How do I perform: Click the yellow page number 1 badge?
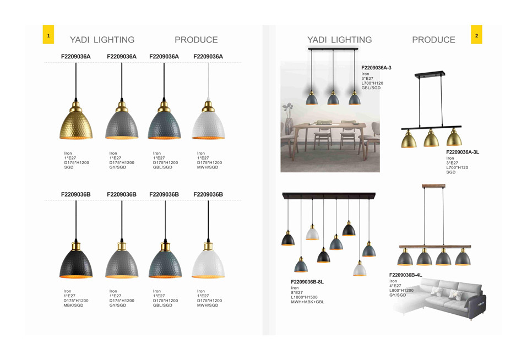point(48,35)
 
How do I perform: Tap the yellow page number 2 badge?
point(476,35)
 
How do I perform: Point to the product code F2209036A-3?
point(376,68)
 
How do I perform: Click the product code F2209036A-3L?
point(463,152)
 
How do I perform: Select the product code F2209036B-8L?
point(307,282)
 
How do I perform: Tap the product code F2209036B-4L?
point(405,275)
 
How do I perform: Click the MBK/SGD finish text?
point(73,306)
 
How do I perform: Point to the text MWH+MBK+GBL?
point(307,302)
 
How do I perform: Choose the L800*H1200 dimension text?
point(401,291)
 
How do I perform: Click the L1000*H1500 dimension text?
point(304,297)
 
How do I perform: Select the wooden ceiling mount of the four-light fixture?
point(433,186)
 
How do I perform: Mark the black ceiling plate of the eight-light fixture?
point(329,195)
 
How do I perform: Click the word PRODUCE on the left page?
point(196,40)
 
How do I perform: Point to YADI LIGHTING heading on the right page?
point(339,40)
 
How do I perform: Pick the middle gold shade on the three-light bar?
point(431,138)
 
